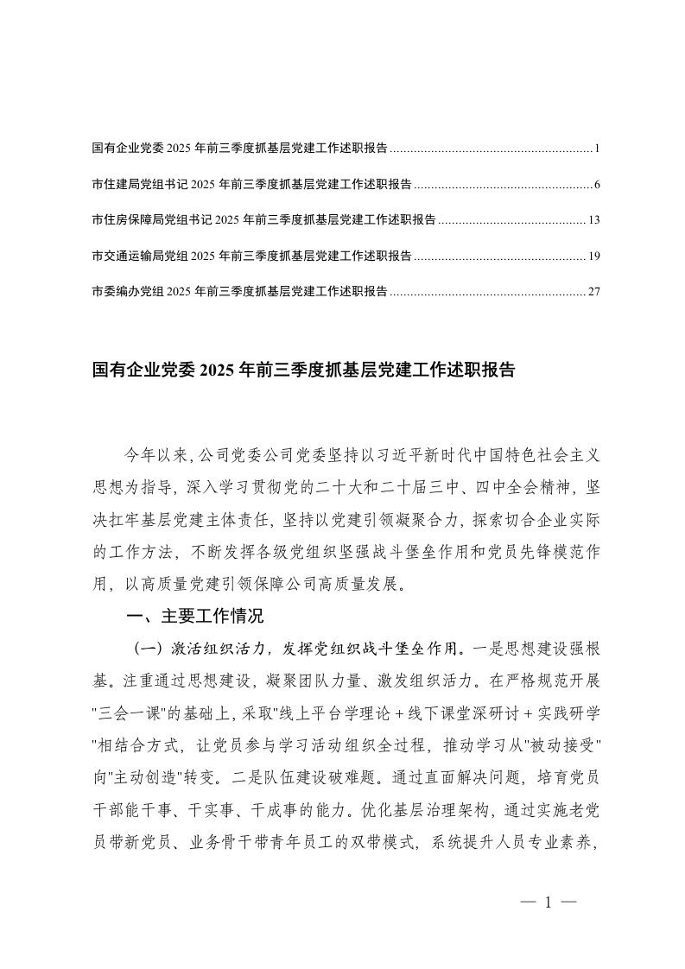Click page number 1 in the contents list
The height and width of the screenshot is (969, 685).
click(596, 149)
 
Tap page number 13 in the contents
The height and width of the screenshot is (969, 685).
click(593, 220)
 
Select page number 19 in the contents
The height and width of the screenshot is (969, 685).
click(593, 256)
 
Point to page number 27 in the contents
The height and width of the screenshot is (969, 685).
click(593, 291)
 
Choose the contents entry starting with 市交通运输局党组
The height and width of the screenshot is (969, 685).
click(251, 256)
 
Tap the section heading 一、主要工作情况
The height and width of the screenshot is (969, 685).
click(194, 617)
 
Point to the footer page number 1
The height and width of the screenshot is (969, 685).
click(549, 902)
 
